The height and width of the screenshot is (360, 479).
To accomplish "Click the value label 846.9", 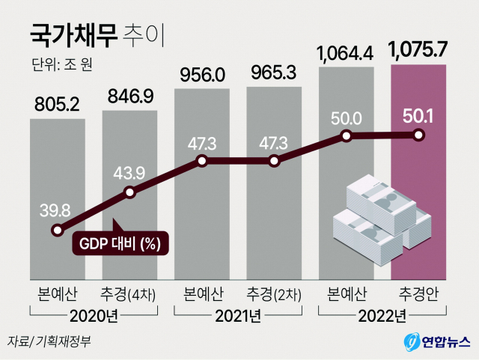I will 129,97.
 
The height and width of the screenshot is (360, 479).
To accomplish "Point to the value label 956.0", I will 202,75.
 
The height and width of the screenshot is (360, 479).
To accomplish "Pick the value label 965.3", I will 274,75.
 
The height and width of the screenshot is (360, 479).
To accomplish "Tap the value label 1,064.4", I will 346,54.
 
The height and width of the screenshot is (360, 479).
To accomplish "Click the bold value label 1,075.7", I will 418,52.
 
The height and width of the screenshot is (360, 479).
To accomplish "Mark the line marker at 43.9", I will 130,192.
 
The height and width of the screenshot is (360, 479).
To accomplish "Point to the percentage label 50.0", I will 347,118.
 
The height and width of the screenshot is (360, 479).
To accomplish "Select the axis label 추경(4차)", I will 129,293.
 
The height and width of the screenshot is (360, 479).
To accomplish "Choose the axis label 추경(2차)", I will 274,293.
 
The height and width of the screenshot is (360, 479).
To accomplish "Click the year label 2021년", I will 238,315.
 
